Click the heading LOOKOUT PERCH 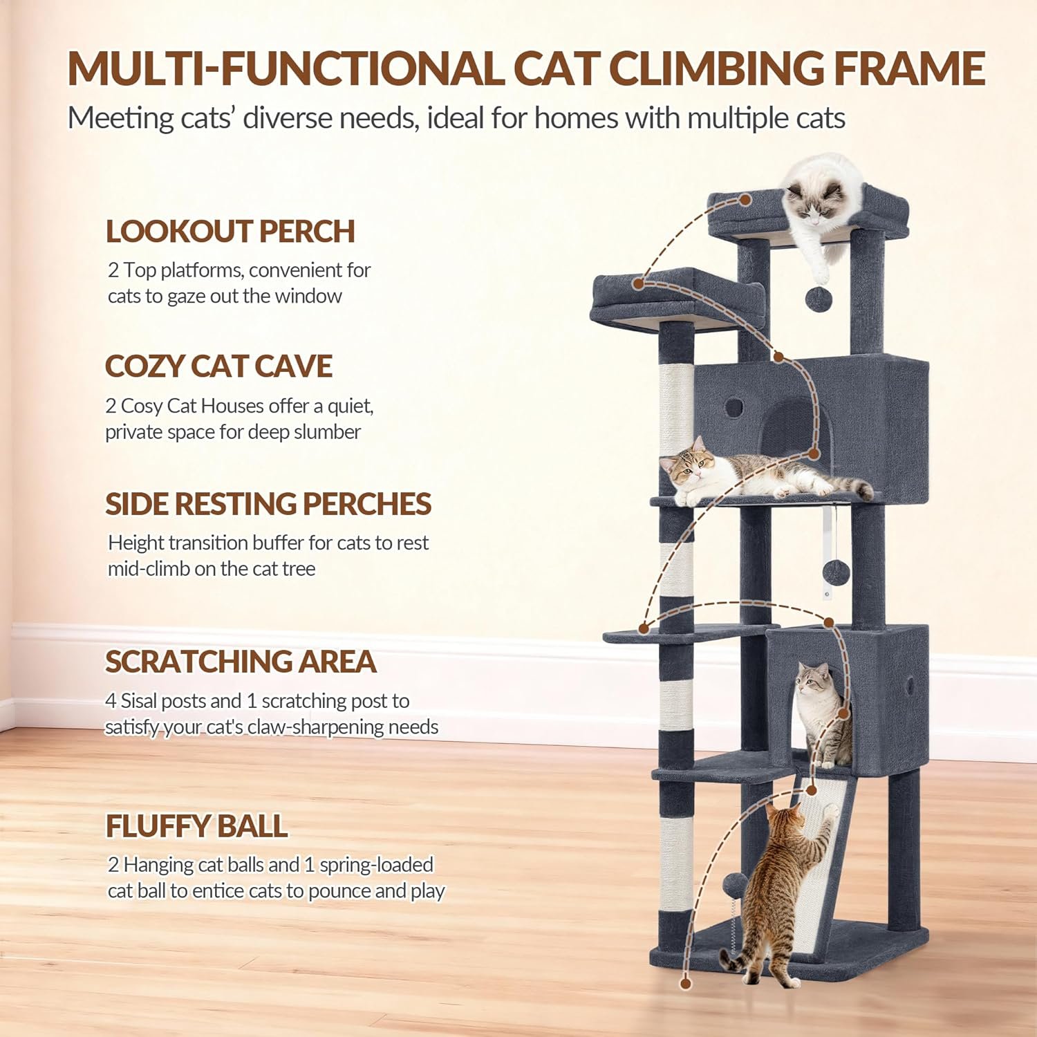click(230, 232)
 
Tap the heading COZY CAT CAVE click(218, 366)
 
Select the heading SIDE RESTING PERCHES click(268, 504)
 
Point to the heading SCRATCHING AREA click(241, 662)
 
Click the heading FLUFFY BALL click(196, 826)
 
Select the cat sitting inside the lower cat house click(823, 712)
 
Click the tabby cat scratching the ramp click(781, 892)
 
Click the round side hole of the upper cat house click(734, 407)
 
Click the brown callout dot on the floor click(685, 983)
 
